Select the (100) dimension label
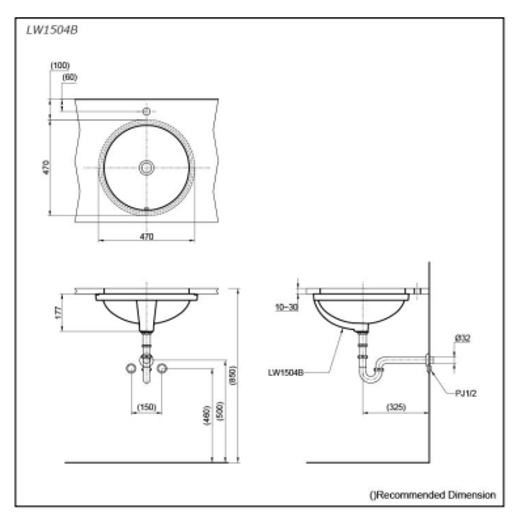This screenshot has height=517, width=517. (60, 65)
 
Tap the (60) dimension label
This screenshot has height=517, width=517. (69, 77)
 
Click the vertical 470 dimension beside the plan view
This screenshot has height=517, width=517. (46, 167)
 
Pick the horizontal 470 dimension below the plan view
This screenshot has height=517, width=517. (147, 236)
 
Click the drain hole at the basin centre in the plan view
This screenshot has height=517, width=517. (146, 167)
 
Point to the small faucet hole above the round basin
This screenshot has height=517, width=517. (146, 111)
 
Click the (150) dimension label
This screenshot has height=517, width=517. (146, 407)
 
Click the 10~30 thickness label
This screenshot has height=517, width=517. (286, 308)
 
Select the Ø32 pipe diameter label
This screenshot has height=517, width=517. (462, 338)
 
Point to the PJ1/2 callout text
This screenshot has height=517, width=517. (465, 393)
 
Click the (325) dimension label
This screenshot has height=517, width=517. (396, 407)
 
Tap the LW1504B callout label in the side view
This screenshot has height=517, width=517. (286, 372)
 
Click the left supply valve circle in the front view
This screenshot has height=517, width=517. (130, 368)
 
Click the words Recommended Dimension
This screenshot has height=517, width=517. (436, 495)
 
